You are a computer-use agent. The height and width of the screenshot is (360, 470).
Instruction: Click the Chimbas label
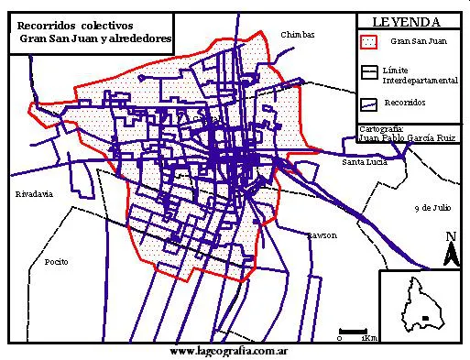tap(299, 35)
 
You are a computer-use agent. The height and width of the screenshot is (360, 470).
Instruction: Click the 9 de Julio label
tap(434, 208)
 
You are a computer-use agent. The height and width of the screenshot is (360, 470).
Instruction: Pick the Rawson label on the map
tap(322, 235)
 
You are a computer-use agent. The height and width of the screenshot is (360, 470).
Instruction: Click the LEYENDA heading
tap(408, 22)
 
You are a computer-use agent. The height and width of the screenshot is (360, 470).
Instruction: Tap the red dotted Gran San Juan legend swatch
tap(368, 42)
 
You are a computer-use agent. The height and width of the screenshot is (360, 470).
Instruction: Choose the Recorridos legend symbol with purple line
tap(368, 104)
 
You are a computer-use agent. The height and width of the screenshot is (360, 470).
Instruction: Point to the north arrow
tap(450, 250)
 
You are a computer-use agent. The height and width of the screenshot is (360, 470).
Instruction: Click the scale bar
tap(353, 330)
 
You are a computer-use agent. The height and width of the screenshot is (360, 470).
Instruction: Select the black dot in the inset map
tap(424, 318)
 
